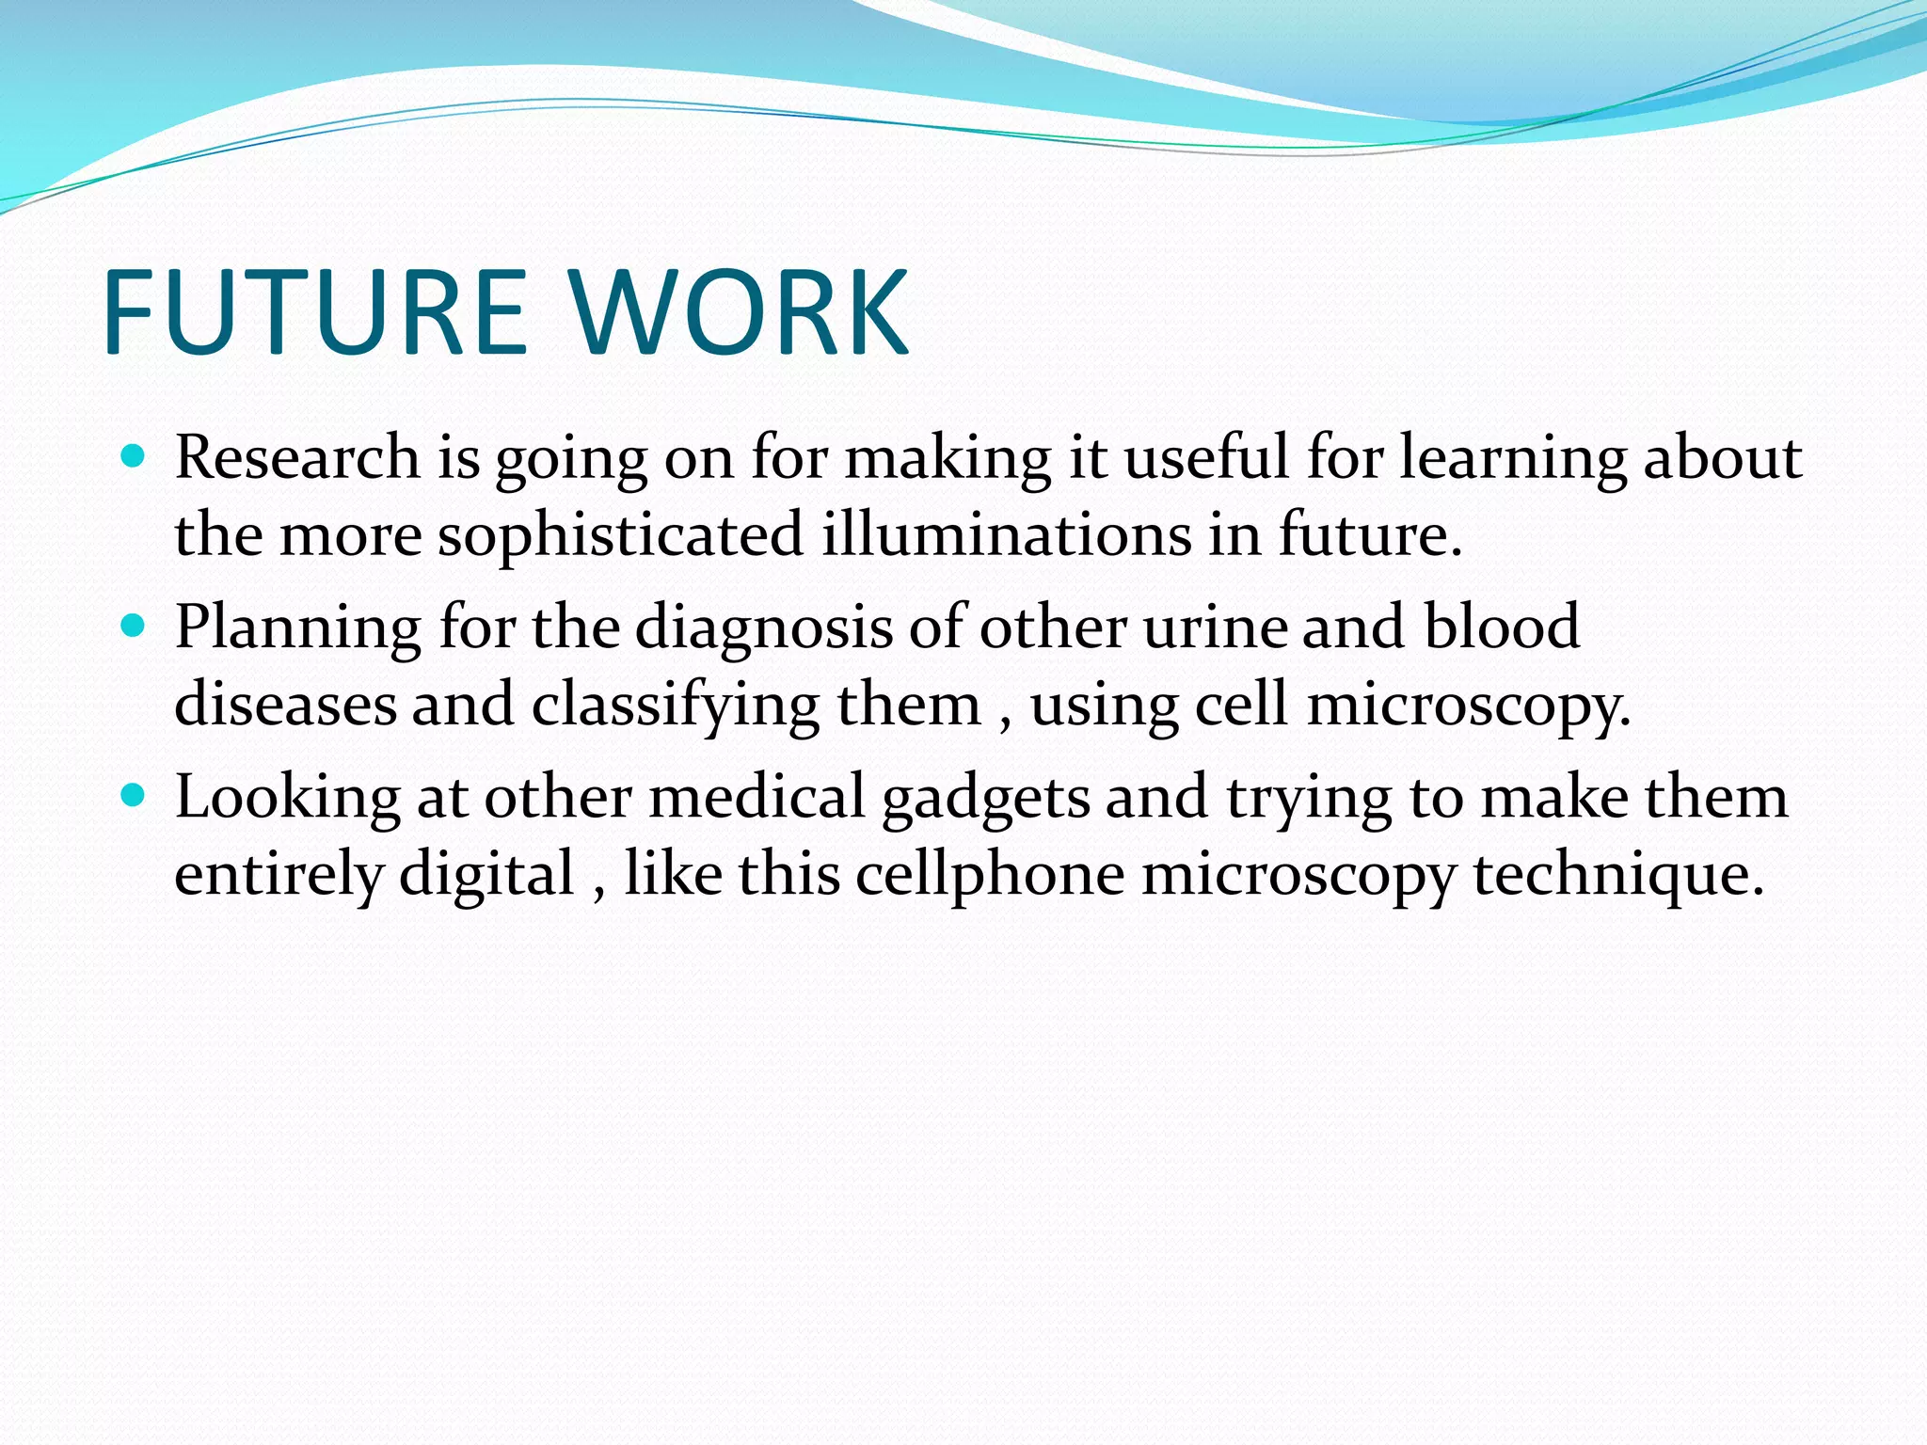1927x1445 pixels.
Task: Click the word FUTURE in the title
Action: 314,312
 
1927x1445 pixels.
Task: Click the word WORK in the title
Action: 740,312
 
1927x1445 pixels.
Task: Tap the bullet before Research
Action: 134,457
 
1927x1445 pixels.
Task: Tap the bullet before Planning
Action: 134,627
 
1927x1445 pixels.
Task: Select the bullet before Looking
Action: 134,797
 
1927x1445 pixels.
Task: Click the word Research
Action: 297,458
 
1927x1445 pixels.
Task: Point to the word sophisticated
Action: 620,536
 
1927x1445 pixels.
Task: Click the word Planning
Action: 297,629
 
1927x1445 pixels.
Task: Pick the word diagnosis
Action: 763,629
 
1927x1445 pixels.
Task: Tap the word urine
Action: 1215,627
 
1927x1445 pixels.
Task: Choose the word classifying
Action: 676,707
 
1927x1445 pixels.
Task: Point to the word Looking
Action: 288,799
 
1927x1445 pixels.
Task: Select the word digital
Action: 486,875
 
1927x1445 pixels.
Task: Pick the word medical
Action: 756,797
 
